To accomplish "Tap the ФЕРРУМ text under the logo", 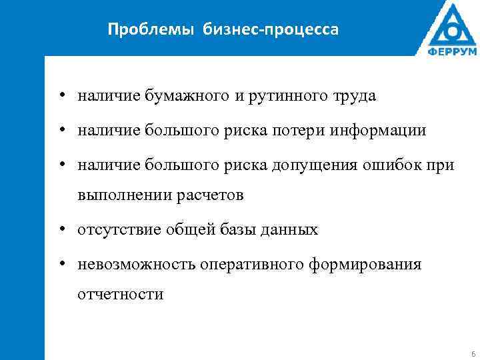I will coord(452,51).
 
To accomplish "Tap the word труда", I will coord(353,97).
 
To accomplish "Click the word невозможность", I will coord(137,265).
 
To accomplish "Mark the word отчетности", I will coord(120,295).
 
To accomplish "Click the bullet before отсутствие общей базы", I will coord(61,230).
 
